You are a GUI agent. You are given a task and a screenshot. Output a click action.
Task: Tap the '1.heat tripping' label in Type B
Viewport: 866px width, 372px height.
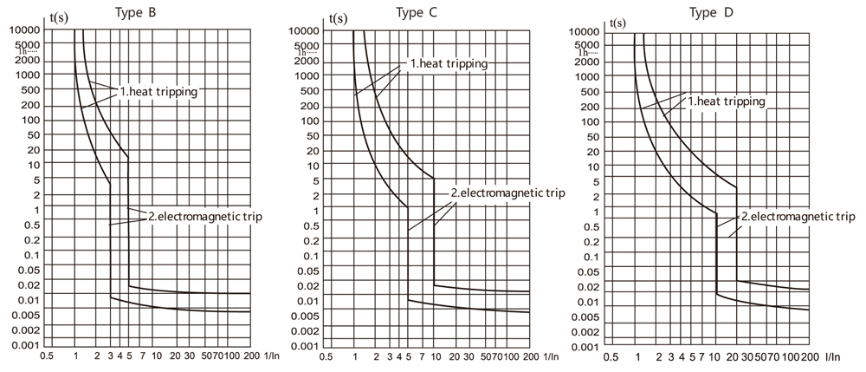click(x=158, y=91)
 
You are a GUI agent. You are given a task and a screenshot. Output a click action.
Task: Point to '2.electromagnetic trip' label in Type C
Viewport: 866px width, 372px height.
click(x=507, y=193)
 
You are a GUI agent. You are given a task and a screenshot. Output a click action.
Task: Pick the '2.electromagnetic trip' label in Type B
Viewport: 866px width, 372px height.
click(x=204, y=215)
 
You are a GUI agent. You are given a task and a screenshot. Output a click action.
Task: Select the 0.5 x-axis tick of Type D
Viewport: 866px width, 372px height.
click(x=611, y=356)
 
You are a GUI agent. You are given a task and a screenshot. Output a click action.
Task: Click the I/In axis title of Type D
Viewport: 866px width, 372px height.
click(x=834, y=356)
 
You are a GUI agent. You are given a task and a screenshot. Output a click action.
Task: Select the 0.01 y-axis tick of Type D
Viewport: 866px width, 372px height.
click(x=591, y=302)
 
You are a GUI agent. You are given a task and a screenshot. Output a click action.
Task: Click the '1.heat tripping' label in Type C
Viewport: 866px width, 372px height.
click(x=449, y=63)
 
